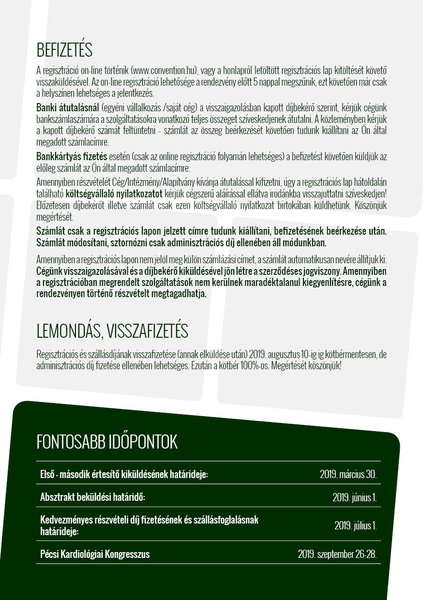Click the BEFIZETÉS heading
64,50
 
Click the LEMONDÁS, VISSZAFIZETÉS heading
112,331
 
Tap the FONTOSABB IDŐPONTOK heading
107,442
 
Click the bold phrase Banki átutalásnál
68,106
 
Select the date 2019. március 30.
348,474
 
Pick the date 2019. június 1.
354,497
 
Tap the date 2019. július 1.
355,525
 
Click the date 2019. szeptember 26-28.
337,554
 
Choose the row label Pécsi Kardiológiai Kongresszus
95,554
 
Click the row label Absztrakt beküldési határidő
93,497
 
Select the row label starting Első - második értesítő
124,474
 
